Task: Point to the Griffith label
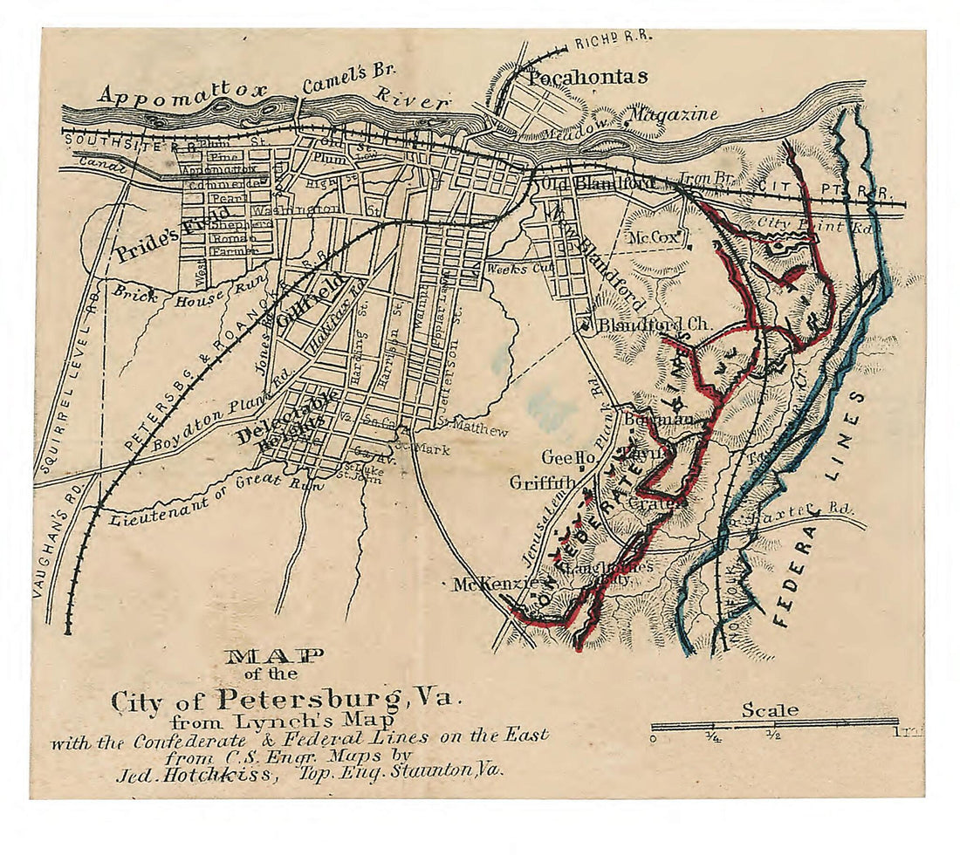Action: click(x=543, y=482)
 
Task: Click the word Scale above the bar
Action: click(x=769, y=710)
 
